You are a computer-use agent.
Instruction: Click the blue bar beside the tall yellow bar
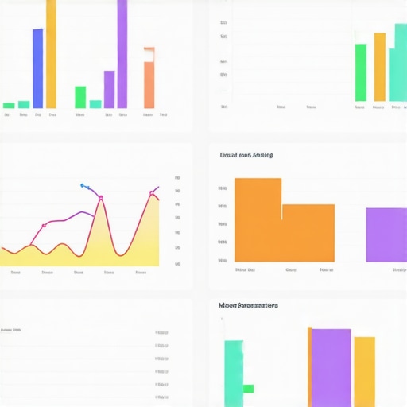point(37,68)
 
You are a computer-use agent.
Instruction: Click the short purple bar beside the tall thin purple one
point(109,89)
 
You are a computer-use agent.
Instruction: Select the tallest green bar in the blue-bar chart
point(80,97)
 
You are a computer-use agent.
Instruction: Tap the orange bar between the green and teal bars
point(379,67)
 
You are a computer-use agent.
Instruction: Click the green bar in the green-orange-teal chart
point(361,72)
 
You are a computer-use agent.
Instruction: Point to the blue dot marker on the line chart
point(83,185)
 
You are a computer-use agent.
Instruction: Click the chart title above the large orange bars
point(246,156)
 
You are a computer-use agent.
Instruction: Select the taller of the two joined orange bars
point(258,219)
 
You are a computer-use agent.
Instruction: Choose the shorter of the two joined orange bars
point(308,233)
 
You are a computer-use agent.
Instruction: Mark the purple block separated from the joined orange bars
point(386,235)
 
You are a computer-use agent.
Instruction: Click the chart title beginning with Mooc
point(248,305)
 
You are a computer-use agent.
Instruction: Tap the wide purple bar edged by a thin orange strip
point(331,367)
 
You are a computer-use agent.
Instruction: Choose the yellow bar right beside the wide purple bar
point(364,371)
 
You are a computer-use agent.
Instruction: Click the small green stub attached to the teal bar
point(248,389)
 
